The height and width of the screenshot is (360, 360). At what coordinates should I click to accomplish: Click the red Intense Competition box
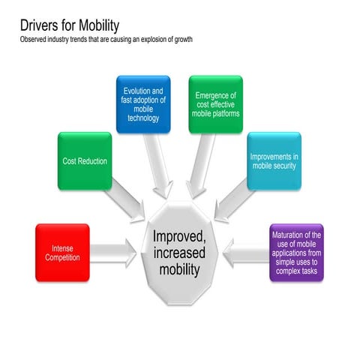coord(62,252)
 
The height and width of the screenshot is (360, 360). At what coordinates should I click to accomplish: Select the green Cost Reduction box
coord(84,161)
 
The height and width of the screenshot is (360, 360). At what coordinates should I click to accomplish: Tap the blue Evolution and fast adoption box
coord(143,103)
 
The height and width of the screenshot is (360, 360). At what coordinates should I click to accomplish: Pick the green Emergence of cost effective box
coord(215,103)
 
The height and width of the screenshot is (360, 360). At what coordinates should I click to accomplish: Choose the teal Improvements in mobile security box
coord(274,160)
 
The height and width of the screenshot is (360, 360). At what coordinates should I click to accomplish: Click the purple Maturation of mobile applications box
coord(296,252)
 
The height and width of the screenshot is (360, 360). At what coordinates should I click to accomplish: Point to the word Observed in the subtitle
coord(34,39)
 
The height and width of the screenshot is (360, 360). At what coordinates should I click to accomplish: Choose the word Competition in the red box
coord(62,257)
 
